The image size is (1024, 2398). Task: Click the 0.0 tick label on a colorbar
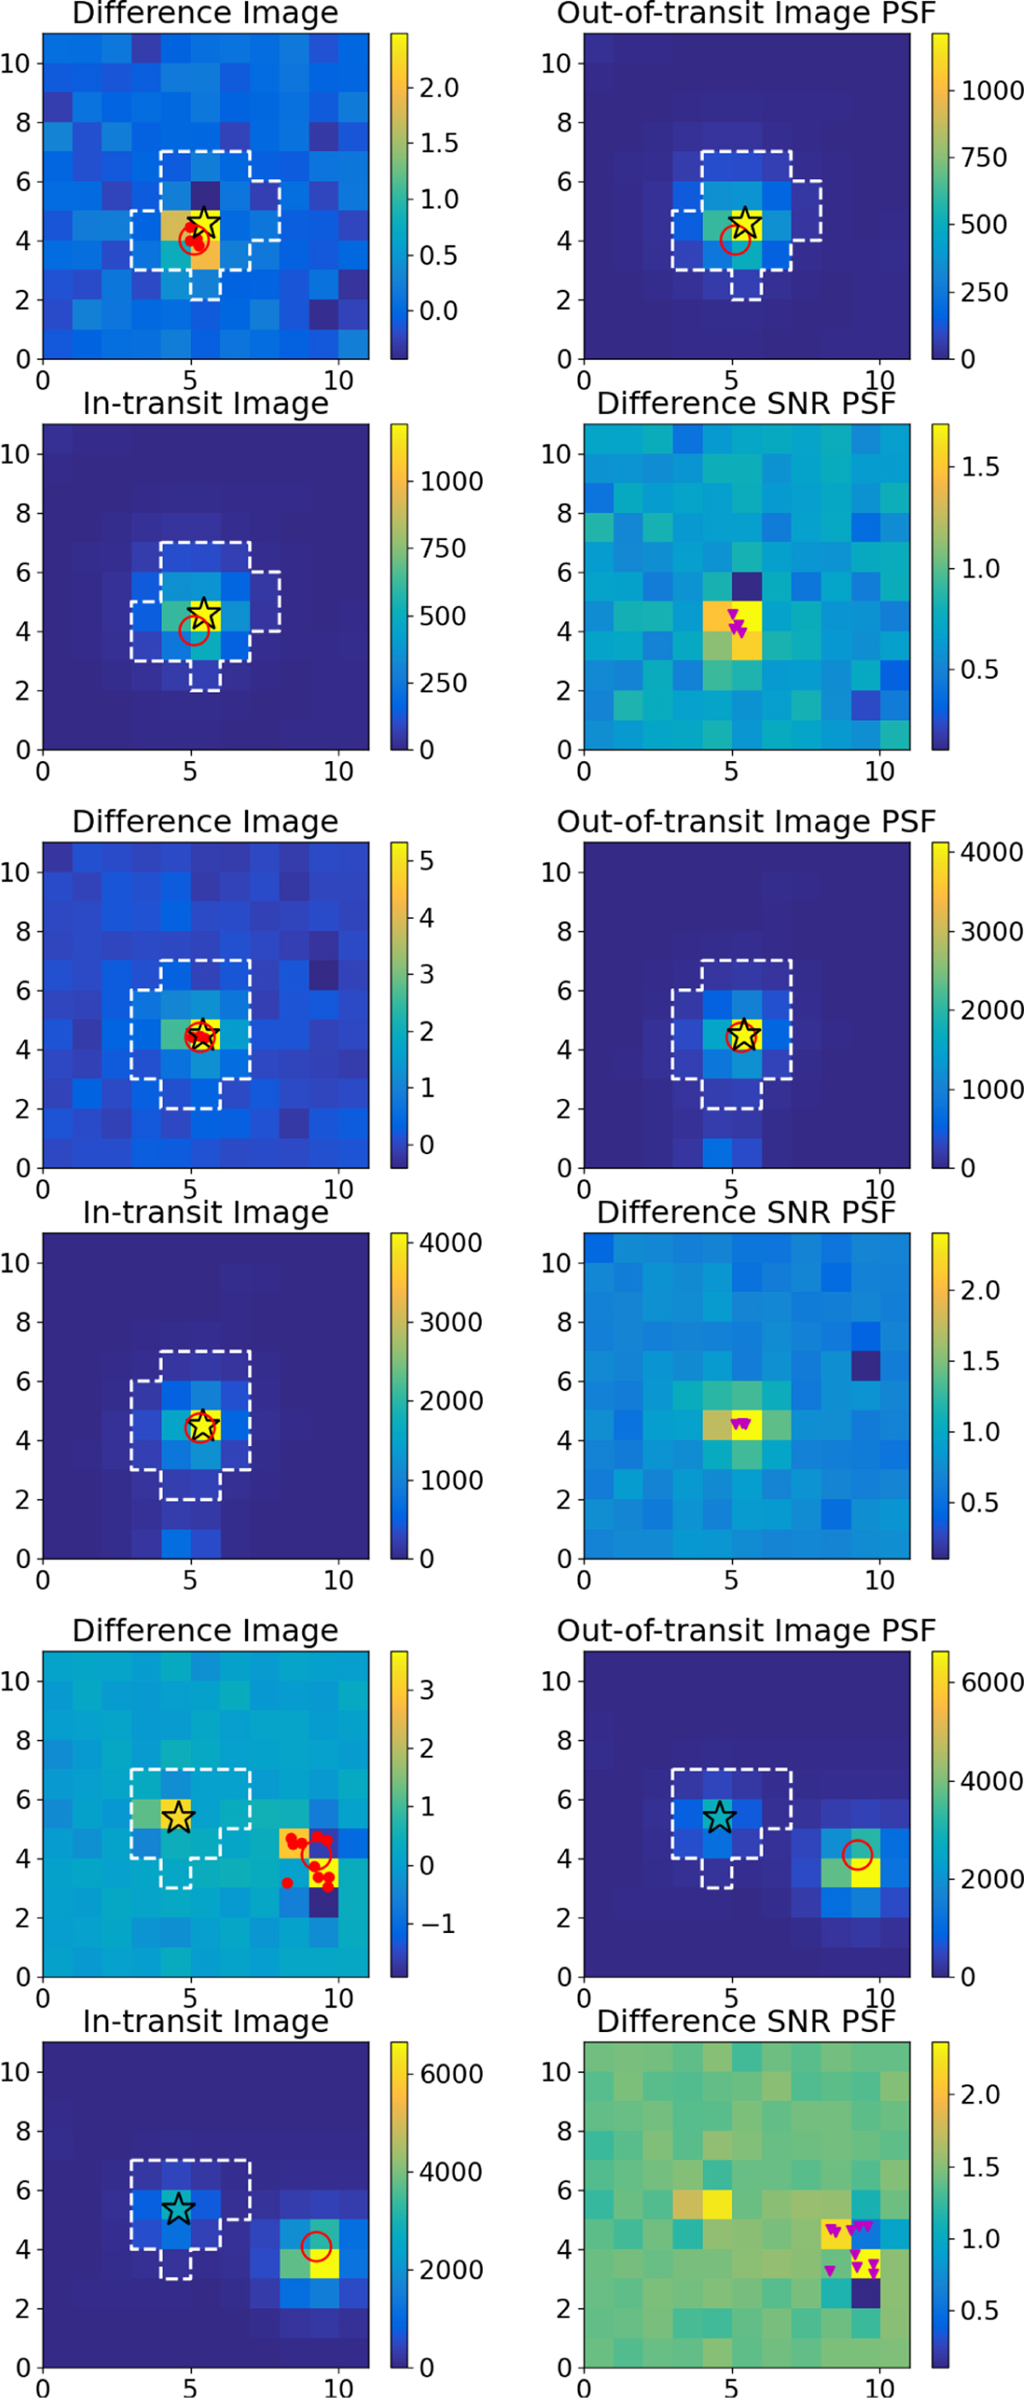(x=439, y=311)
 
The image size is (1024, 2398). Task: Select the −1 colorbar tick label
(x=438, y=1923)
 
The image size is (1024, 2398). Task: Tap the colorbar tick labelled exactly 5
(x=427, y=861)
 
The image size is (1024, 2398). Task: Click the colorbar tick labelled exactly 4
(x=427, y=918)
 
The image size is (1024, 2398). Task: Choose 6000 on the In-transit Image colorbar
(x=451, y=2074)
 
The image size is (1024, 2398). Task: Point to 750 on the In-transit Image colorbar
(x=442, y=549)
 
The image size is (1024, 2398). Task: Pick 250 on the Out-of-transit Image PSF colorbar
(x=984, y=293)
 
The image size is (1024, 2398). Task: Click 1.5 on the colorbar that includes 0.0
(x=439, y=143)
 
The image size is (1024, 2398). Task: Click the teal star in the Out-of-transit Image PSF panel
(x=719, y=1816)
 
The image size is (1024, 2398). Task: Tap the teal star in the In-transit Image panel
(x=177, y=2208)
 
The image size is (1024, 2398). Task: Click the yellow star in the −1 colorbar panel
(x=177, y=1816)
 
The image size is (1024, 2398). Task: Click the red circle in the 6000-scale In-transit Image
(x=317, y=2246)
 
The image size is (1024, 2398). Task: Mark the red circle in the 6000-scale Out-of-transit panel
(x=858, y=1855)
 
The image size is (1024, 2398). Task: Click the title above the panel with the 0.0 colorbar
(x=205, y=13)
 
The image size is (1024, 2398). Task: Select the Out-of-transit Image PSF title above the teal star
(x=746, y=1630)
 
